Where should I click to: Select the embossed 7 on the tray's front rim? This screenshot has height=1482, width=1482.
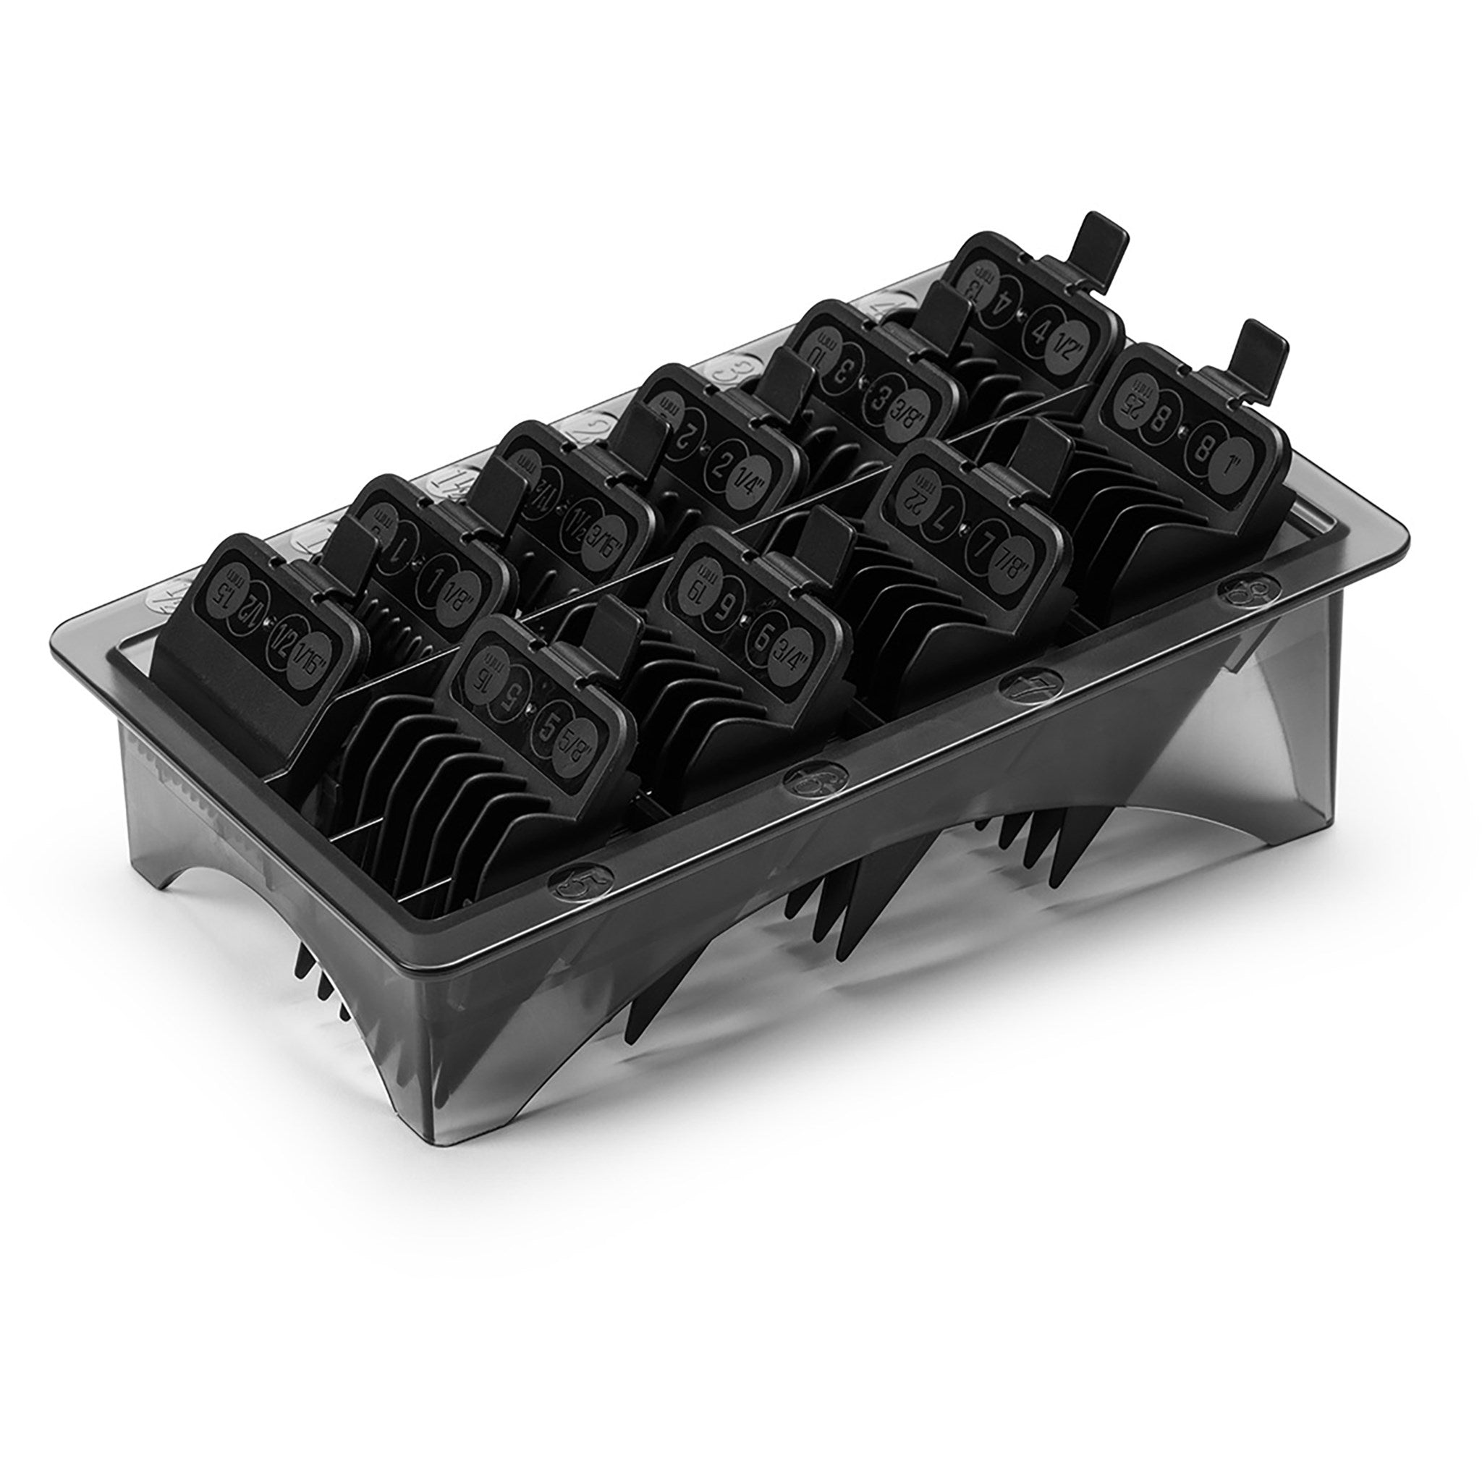(1025, 682)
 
